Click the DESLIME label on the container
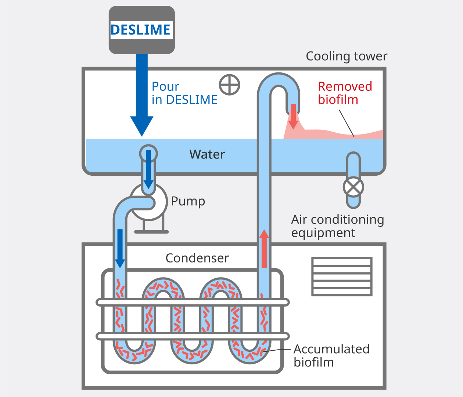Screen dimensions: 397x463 (141, 30)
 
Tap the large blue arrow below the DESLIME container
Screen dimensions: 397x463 (142, 96)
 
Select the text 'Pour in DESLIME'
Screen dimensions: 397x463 (184, 93)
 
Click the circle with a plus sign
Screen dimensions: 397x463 (230, 85)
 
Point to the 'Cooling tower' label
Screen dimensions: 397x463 (346, 56)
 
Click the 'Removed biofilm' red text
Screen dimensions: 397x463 (345, 93)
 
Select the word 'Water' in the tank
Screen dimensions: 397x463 (207, 154)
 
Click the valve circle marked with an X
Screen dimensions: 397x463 (353, 187)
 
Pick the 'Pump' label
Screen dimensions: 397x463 (188, 201)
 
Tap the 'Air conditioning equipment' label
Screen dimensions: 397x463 (337, 226)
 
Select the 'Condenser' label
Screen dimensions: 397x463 (197, 258)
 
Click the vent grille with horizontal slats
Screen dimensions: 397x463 (342, 276)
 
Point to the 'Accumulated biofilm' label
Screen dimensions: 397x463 (331, 355)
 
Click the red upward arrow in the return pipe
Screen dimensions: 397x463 (264, 249)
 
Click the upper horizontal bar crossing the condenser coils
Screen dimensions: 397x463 (193, 303)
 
